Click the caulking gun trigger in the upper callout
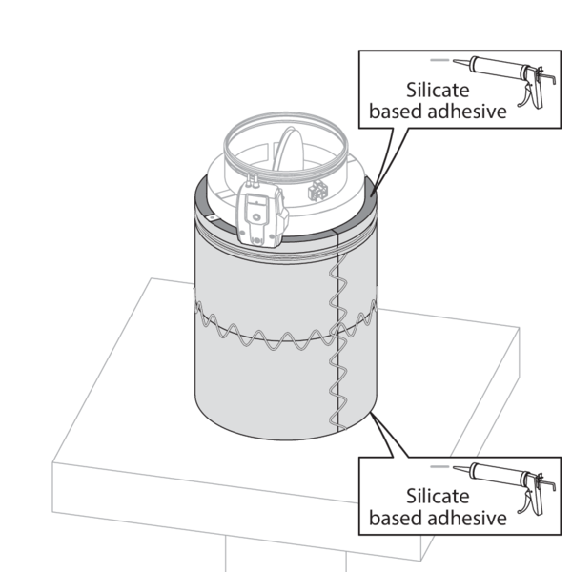click(523, 94)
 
